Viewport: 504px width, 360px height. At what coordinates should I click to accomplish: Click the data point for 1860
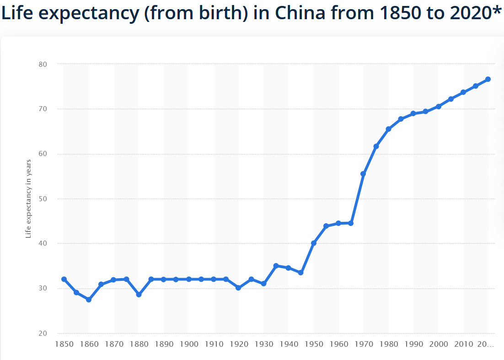coord(89,300)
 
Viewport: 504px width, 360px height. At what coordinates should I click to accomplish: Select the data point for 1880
coord(139,295)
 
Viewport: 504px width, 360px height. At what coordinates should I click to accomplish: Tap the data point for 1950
coord(314,243)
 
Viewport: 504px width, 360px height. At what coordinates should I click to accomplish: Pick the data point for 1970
coord(364,174)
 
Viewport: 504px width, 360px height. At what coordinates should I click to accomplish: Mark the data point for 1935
coord(276,266)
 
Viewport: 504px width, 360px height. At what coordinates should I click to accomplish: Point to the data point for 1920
coord(239,288)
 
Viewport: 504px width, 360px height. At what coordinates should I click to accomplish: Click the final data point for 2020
coord(488,79)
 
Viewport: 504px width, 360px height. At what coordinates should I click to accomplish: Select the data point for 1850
coord(64,279)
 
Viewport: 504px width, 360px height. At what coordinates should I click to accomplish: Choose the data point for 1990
coord(413,113)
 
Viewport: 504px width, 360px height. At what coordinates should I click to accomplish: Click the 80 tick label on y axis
coord(43,64)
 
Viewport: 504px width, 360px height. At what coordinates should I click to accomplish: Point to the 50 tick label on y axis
coord(43,199)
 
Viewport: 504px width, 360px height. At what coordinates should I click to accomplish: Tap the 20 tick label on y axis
coord(43,333)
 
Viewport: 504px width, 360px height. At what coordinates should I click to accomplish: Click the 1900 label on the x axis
coord(189,344)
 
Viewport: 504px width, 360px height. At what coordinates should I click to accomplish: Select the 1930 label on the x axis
coord(264,344)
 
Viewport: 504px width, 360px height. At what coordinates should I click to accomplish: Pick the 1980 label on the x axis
coord(389,344)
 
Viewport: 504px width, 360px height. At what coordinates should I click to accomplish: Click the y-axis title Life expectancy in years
coord(28,199)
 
